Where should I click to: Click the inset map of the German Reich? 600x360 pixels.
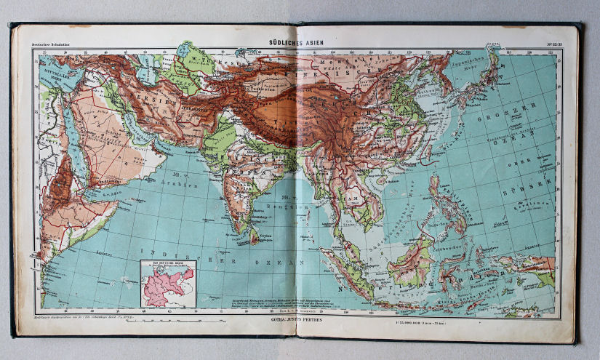click(x=168, y=284)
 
